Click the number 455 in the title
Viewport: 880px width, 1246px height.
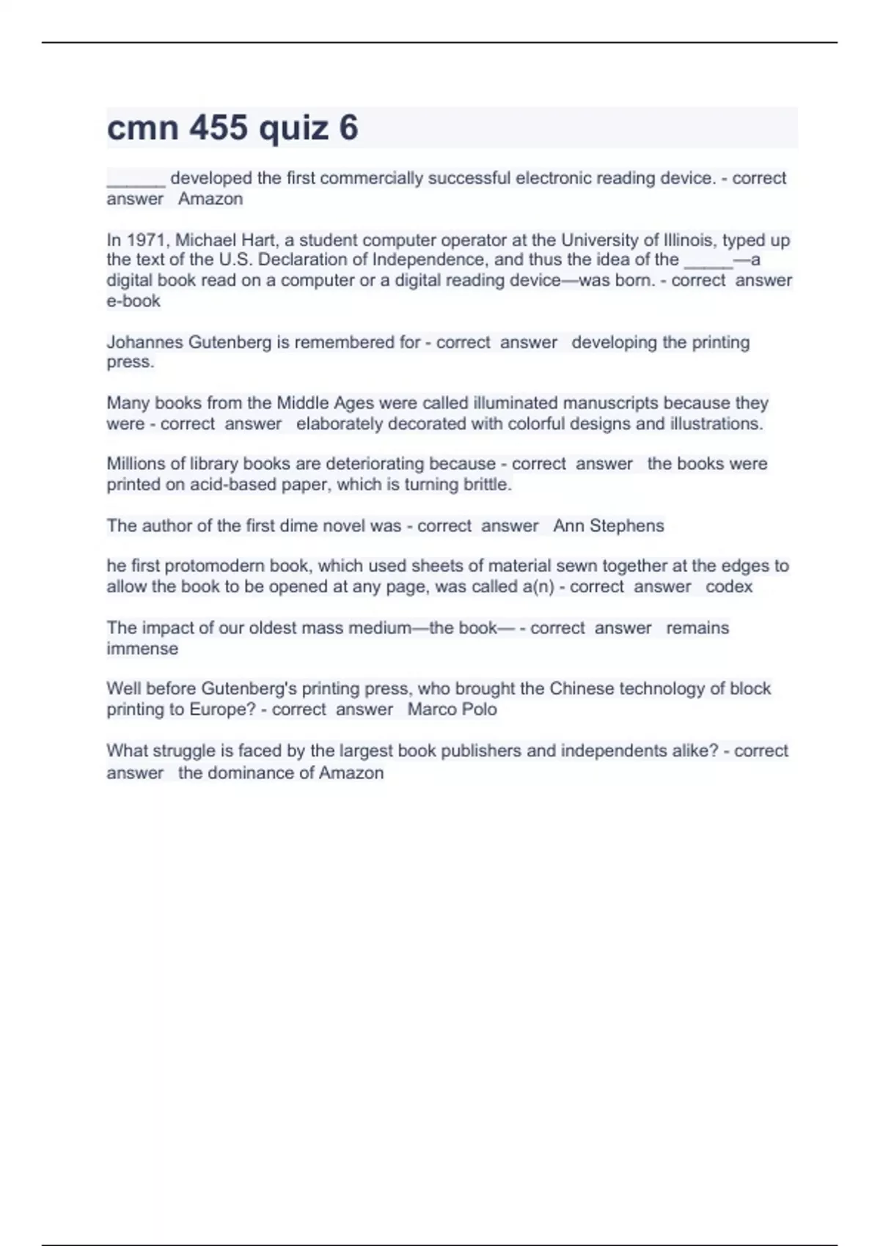point(219,128)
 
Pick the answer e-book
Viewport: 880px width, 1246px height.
point(133,301)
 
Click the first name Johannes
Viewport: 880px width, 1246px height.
point(145,342)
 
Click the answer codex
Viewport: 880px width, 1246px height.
point(729,587)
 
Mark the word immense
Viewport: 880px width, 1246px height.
point(142,649)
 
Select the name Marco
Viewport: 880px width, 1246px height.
point(431,709)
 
